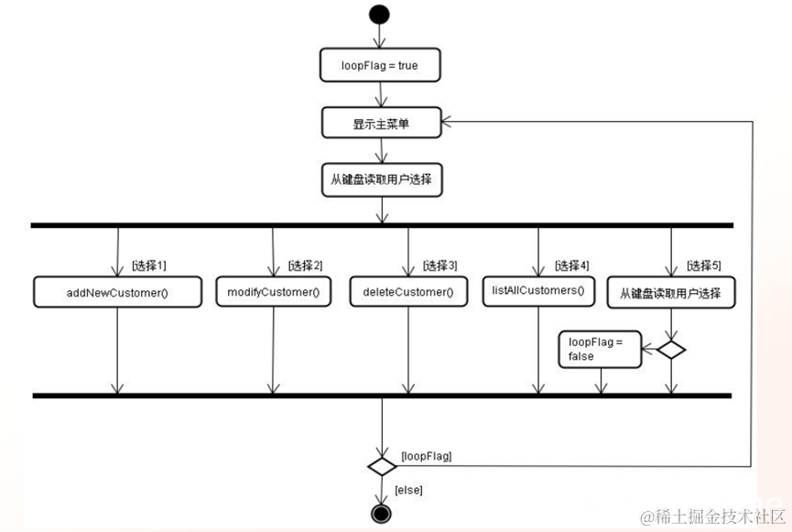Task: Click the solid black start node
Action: pyautogui.click(x=379, y=14)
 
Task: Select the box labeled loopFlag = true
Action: pyautogui.click(x=381, y=66)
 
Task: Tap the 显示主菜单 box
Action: pyautogui.click(x=381, y=123)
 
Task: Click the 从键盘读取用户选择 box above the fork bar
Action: pyautogui.click(x=381, y=180)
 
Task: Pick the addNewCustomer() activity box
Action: pyautogui.click(x=117, y=292)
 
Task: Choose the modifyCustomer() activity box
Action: pyautogui.click(x=272, y=292)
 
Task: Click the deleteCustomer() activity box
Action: pyautogui.click(x=407, y=292)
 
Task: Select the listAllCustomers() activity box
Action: pyautogui.click(x=537, y=291)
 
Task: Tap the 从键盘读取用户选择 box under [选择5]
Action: pyautogui.click(x=671, y=293)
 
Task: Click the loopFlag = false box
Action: pyautogui.click(x=600, y=349)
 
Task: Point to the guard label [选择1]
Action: pyautogui.click(x=149, y=266)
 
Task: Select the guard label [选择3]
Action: pyautogui.click(x=439, y=266)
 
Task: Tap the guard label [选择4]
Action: pyautogui.click(x=571, y=266)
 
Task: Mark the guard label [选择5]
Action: pyautogui.click(x=703, y=266)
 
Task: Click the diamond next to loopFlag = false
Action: pyautogui.click(x=671, y=349)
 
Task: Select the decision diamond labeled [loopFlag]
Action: pyautogui.click(x=381, y=465)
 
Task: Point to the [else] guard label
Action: pyautogui.click(x=408, y=491)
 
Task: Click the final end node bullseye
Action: pyautogui.click(x=381, y=514)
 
